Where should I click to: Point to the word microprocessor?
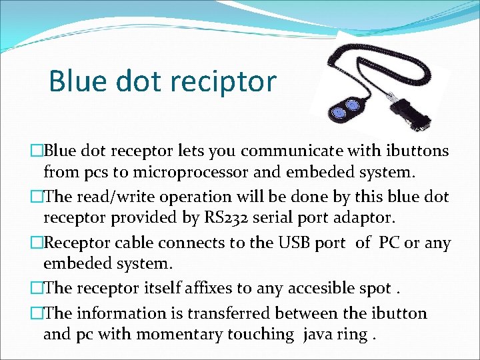(x=182, y=173)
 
